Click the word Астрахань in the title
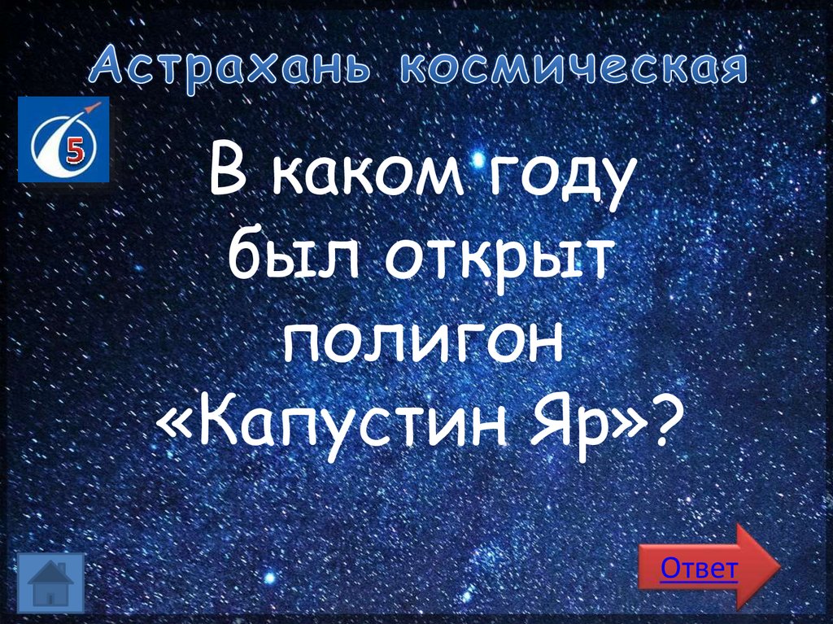[x=231, y=68]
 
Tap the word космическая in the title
[x=571, y=68]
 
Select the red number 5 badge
[x=76, y=150]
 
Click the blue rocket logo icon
[x=62, y=139]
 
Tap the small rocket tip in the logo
[x=96, y=107]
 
